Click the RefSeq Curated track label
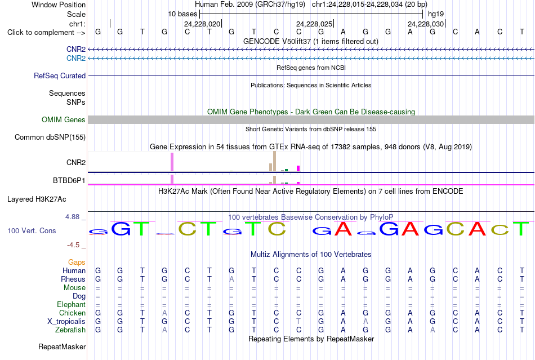60,75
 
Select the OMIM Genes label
64,120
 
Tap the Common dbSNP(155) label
50,137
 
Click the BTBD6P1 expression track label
69,180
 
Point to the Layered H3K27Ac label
37,199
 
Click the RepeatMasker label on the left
62,346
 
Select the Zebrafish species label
70,330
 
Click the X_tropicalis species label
66,322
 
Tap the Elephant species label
72,304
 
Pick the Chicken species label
72,313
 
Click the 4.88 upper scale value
72,217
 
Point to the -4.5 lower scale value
73,245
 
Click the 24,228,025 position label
314,24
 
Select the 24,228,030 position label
426,24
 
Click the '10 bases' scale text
182,14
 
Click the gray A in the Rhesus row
231,279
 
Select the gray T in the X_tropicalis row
298,322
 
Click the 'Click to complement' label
46,33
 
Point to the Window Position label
59,5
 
